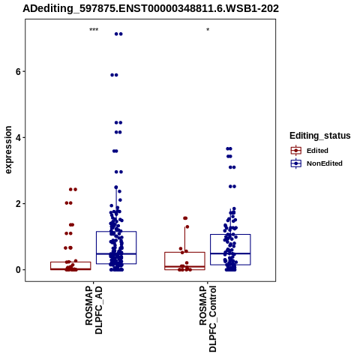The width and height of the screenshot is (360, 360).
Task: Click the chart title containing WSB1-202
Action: tap(151, 8)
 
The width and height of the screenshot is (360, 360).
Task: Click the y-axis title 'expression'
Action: tap(8, 150)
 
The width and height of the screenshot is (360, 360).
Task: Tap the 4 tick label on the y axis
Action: tap(18, 138)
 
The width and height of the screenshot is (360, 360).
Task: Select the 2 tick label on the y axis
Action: tap(18, 204)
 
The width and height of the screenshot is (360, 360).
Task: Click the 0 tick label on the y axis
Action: tap(18, 270)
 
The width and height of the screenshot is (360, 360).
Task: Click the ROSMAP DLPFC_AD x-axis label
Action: tap(94, 310)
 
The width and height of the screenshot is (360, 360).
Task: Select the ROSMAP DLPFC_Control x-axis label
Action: tap(208, 319)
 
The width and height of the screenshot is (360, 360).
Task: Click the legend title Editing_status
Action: tap(319, 136)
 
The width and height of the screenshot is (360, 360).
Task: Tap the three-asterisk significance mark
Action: tap(94, 30)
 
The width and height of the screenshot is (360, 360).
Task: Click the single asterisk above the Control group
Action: tap(208, 30)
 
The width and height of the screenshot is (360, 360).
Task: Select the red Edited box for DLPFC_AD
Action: tap(70, 262)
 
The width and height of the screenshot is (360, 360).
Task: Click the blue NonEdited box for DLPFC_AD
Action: tap(116, 232)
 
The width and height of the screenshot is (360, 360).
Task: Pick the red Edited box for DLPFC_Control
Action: tap(184, 253)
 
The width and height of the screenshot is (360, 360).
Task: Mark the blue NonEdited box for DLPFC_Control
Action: tap(230, 235)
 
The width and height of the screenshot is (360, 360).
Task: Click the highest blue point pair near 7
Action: tap(118, 34)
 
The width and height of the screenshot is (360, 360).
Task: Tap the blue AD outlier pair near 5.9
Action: tap(114, 75)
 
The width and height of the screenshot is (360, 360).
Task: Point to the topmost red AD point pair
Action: tap(73, 190)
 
